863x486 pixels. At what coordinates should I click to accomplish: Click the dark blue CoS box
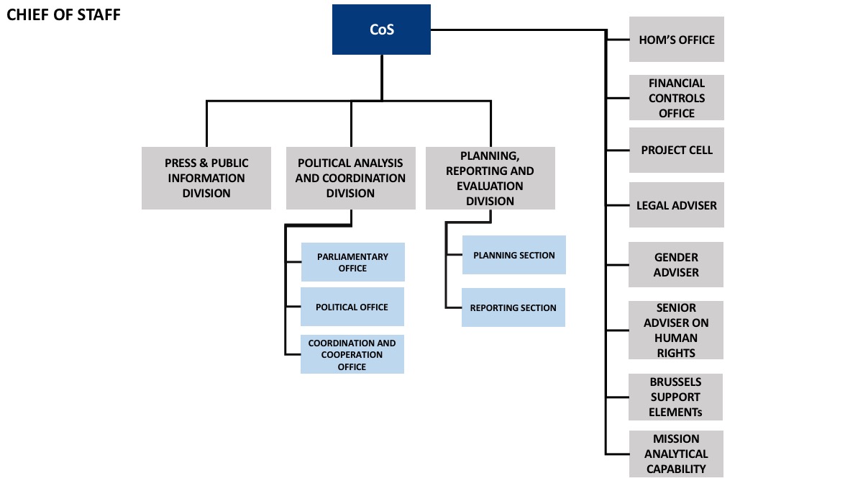tap(381, 30)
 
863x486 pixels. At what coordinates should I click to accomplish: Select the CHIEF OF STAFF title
tap(63, 14)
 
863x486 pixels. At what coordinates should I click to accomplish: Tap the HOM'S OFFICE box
tap(677, 40)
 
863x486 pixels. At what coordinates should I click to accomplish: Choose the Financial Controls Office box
tap(677, 98)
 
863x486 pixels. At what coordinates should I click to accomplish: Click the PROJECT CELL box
tap(677, 150)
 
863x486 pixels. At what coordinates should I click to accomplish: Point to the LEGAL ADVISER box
tap(677, 204)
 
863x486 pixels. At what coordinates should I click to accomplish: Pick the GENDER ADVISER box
tap(676, 265)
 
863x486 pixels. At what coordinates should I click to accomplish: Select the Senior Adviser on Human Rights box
tap(676, 330)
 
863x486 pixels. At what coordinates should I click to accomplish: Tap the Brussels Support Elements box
tap(676, 397)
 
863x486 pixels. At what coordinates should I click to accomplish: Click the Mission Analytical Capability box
tap(676, 454)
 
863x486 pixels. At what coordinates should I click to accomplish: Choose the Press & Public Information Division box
tap(206, 179)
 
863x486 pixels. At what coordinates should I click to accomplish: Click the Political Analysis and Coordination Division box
tap(351, 179)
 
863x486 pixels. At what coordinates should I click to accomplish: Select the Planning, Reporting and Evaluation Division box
tap(490, 179)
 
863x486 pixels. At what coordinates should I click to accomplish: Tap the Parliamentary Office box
tap(353, 262)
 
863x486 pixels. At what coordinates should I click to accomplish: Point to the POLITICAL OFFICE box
tap(352, 307)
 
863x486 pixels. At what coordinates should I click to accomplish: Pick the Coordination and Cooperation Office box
tap(352, 354)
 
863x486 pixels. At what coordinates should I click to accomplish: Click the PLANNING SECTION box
tap(514, 255)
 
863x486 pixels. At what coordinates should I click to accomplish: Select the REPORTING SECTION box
tap(513, 307)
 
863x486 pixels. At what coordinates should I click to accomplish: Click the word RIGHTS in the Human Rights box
tap(676, 353)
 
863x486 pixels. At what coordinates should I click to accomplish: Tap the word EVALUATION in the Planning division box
tap(490, 186)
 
